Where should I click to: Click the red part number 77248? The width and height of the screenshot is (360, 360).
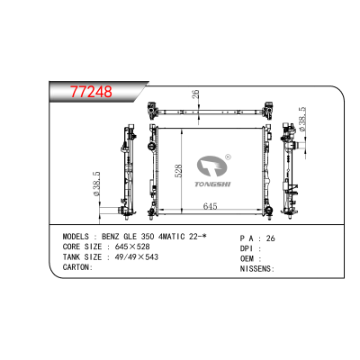91,92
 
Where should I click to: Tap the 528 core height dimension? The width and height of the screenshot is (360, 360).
178,170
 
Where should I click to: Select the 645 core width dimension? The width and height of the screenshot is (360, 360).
210,206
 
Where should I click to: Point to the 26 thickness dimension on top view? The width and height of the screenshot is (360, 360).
195,94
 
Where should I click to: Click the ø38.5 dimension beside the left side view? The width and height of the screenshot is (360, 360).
96,184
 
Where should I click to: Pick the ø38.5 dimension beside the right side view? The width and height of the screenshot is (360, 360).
302,119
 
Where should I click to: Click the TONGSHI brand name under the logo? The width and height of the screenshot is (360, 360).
212,184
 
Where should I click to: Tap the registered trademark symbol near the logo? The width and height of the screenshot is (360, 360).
228,157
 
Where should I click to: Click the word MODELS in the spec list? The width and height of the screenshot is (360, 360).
76,237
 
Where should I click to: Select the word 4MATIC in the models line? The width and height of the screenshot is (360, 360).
171,237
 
